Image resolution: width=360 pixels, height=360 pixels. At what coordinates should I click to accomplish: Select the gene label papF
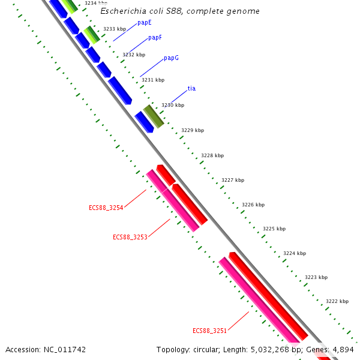click(155, 38)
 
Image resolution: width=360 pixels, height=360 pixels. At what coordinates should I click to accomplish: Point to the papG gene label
click(171, 58)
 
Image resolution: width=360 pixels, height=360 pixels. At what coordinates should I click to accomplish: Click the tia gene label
click(191, 89)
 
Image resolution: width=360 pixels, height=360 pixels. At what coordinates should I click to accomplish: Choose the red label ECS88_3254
click(106, 208)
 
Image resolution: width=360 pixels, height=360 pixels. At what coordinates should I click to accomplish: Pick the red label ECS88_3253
click(130, 238)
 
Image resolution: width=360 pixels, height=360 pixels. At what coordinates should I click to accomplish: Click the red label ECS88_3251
click(209, 331)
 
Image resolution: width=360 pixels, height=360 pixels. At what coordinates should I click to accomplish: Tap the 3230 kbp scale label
click(173, 106)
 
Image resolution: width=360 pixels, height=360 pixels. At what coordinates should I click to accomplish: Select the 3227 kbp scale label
click(233, 180)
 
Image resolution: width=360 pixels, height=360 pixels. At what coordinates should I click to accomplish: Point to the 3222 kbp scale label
click(337, 301)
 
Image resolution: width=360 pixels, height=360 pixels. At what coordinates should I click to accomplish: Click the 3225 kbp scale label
click(274, 229)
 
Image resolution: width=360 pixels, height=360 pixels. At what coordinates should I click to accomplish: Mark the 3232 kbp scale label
click(134, 55)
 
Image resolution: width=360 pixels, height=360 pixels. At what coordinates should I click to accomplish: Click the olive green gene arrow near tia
click(153, 116)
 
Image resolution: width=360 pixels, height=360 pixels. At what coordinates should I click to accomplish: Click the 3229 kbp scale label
click(193, 130)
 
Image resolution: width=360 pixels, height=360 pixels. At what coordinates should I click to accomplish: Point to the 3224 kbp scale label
click(295, 253)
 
